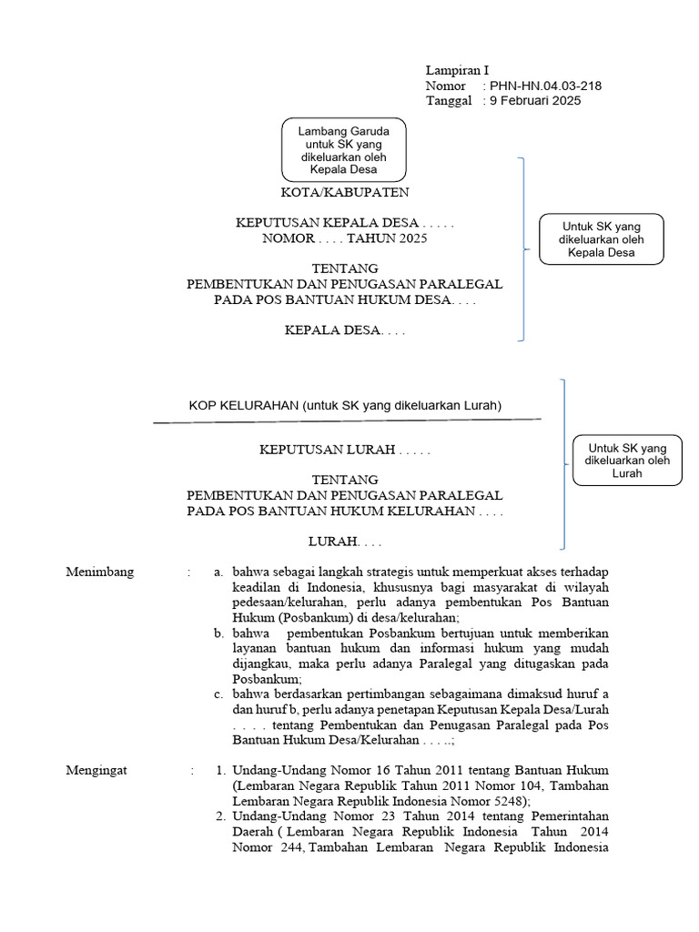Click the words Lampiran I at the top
pyautogui.click(x=458, y=70)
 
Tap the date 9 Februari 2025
pyautogui.click(x=535, y=101)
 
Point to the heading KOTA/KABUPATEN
pyautogui.click(x=344, y=193)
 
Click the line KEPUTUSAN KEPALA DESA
pyautogui.click(x=344, y=223)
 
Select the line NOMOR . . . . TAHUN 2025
pyautogui.click(x=344, y=238)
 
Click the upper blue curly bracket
pyautogui.click(x=522, y=248)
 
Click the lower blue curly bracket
pyautogui.click(x=565, y=464)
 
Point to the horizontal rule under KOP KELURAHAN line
pyautogui.click(x=347, y=420)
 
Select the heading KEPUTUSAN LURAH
pyautogui.click(x=344, y=450)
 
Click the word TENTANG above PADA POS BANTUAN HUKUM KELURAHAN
pyautogui.click(x=344, y=480)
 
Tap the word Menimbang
pyautogui.click(x=100, y=572)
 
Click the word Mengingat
pyautogui.click(x=97, y=771)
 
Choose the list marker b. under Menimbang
pyautogui.click(x=218, y=633)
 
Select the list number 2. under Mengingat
pyautogui.click(x=221, y=816)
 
